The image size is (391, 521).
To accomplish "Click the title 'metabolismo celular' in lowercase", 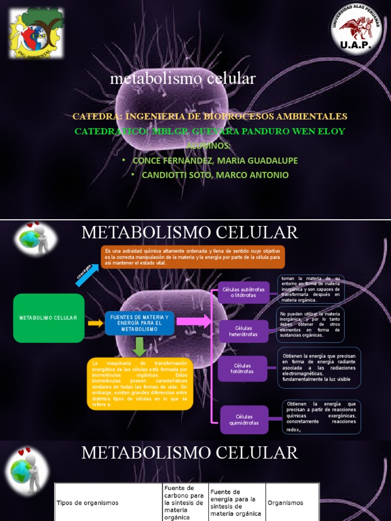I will [183, 78].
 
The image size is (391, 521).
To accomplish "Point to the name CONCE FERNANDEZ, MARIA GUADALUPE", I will [215, 161].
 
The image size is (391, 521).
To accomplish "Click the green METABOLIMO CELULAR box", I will [48, 318].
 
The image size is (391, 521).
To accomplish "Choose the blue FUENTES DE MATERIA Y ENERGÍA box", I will [139, 323].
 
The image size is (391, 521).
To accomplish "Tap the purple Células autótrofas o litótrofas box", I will [243, 293].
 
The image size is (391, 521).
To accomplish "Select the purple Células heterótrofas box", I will [243, 331].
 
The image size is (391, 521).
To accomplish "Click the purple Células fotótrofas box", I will [243, 369].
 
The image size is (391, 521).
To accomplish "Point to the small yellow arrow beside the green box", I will [95, 323].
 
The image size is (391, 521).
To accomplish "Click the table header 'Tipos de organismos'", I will [87, 503].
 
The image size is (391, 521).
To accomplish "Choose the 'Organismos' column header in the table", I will [285, 503].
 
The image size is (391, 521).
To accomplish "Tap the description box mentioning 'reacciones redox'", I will [321, 417].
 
